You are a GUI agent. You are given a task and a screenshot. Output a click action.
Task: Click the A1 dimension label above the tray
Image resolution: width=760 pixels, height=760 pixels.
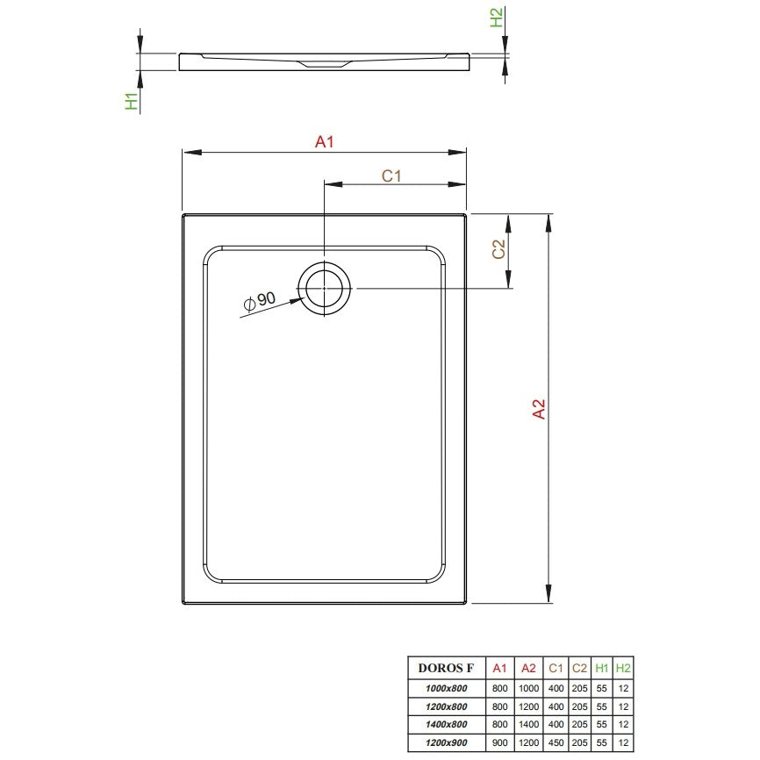[x=324, y=141]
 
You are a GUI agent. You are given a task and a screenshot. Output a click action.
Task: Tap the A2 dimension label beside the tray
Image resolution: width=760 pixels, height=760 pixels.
[x=539, y=409]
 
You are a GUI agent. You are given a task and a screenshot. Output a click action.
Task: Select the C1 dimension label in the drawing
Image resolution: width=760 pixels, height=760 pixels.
[x=391, y=176]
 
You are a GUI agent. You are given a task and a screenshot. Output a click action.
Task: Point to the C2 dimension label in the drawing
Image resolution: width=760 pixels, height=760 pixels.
[x=498, y=248]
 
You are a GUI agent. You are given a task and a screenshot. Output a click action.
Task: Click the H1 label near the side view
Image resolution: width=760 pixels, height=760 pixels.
[x=132, y=101]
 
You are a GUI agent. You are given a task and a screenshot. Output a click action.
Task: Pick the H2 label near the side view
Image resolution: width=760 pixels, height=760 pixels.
[x=497, y=18]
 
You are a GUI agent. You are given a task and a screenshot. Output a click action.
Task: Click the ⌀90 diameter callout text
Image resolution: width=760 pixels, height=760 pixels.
[x=260, y=301]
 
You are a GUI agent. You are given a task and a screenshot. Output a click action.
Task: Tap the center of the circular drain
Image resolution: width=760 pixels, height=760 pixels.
[x=324, y=289]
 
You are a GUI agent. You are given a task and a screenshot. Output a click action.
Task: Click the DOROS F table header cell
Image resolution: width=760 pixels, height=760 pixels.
[x=446, y=668]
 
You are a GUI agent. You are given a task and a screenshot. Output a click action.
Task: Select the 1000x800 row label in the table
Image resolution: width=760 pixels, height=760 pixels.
[x=446, y=688]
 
